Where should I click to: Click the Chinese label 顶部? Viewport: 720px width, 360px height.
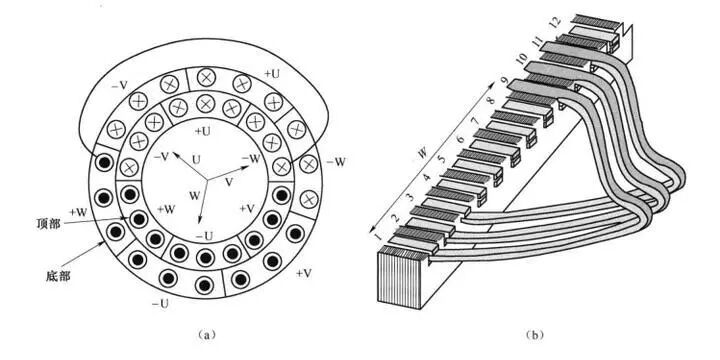pos(48,225)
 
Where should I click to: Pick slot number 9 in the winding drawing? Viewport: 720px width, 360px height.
pos(504,82)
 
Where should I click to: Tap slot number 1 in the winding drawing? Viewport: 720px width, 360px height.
pos(377,236)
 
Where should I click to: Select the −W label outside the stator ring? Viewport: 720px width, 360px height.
pos(337,163)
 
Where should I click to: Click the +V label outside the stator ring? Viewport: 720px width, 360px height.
pos(304,273)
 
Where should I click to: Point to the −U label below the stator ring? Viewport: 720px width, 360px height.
pos(159,304)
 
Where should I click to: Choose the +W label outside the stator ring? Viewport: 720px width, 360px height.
pos(78,212)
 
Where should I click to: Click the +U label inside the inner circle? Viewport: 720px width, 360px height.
pos(202,131)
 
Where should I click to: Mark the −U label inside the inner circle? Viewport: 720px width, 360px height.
pos(204,236)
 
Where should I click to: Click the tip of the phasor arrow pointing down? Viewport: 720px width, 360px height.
pos(200,223)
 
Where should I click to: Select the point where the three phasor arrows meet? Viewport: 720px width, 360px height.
pos(207,180)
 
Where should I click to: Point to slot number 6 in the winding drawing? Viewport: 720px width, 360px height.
pos(460,138)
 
